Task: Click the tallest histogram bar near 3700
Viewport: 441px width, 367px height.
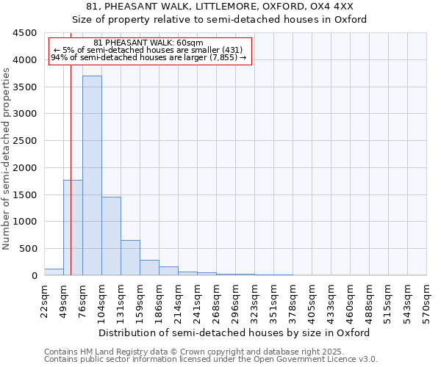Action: [x=92, y=176]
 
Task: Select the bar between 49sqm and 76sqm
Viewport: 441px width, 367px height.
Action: [x=73, y=228]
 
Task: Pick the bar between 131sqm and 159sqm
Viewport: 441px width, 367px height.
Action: [x=130, y=258]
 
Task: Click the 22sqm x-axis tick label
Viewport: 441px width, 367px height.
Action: [x=44, y=301]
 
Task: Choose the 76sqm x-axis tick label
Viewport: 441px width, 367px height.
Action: [x=82, y=301]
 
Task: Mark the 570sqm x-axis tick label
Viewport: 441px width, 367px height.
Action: [x=426, y=301]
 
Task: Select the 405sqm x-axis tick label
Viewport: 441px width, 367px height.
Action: [x=312, y=301]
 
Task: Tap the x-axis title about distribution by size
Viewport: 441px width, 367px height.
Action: [x=234, y=333]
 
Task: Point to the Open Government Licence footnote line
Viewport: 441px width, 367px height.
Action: [x=211, y=360]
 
